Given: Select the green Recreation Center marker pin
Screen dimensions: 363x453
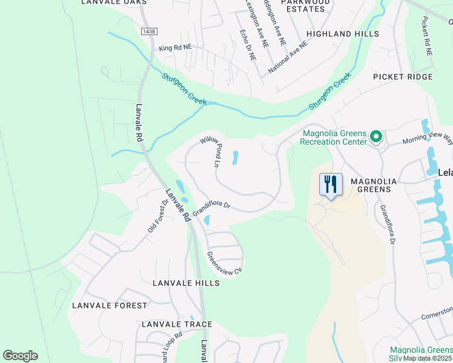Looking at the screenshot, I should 375,137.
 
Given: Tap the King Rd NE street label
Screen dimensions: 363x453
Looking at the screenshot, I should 174,47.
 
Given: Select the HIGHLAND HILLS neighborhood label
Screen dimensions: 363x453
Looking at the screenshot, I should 342,34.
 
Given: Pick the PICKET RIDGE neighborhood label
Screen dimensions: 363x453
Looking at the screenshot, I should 403,77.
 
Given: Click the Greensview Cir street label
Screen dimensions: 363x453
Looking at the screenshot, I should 225,263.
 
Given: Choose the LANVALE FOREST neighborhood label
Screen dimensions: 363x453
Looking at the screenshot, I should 109,306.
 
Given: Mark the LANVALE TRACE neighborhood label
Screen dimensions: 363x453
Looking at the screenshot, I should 176,325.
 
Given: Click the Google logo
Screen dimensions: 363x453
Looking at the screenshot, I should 20,356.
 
